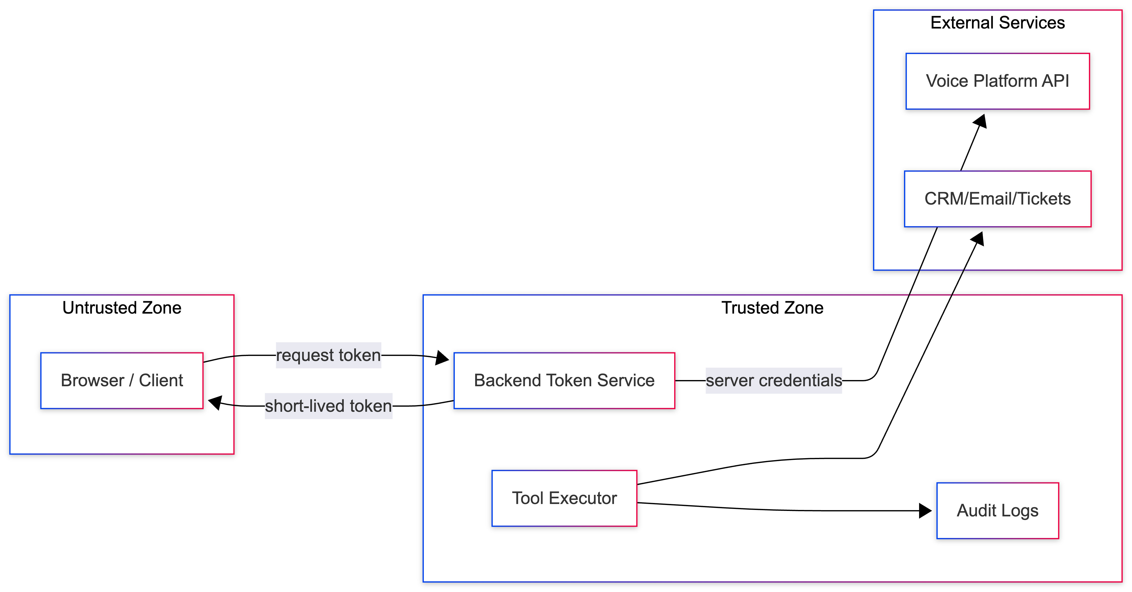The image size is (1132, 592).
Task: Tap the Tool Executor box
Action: coord(564,498)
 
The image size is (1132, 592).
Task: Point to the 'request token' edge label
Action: coord(328,355)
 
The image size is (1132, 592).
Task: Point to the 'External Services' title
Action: coord(997,22)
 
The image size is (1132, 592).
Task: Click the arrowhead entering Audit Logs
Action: coord(925,511)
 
